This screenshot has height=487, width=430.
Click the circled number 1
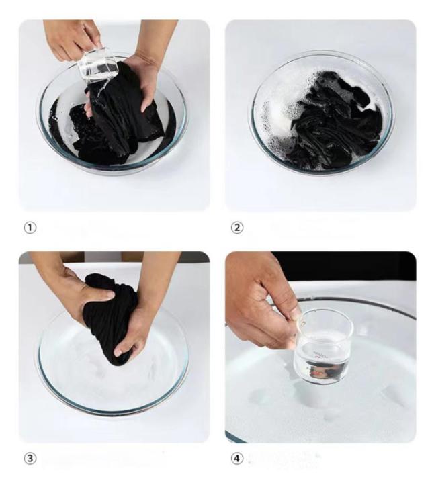pyautogui.click(x=30, y=228)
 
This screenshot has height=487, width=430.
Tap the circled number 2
pyautogui.click(x=237, y=228)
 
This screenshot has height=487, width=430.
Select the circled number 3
pyautogui.click(x=30, y=458)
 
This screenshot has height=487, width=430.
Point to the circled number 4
pyautogui.click(x=237, y=458)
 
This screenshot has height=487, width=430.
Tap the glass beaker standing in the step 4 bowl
pyautogui.click(x=323, y=347)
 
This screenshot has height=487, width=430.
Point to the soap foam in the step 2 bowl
pyautogui.click(x=279, y=118)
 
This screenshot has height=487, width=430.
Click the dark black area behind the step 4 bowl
pyautogui.click(x=343, y=266)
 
